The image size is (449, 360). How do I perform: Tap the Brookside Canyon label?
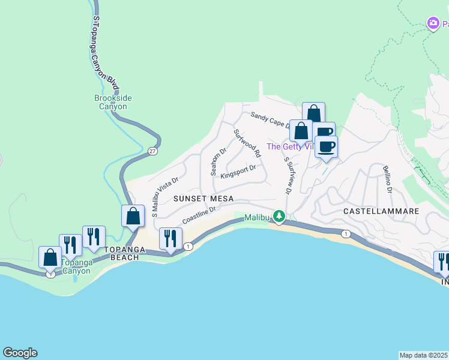(x=113, y=103)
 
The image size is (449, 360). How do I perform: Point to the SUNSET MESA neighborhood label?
(x=203, y=199)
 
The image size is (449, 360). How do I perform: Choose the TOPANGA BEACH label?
(x=122, y=253)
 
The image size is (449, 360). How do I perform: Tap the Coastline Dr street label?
(x=199, y=215)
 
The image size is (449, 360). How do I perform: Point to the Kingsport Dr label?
(x=238, y=172)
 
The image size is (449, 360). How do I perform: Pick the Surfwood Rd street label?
(x=247, y=143)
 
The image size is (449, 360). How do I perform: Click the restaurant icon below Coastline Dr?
(x=170, y=238)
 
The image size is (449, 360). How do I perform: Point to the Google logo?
(x=20, y=353)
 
